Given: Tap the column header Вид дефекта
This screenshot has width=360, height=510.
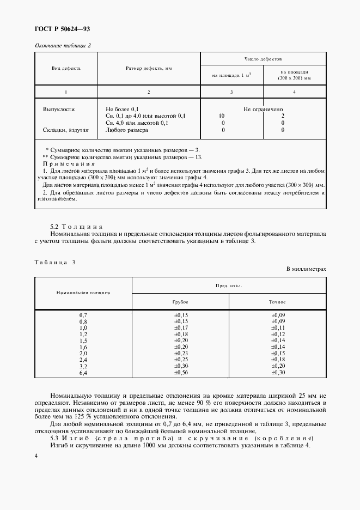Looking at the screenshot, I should tap(66, 69).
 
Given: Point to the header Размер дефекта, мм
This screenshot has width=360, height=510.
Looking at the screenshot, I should tap(149, 69).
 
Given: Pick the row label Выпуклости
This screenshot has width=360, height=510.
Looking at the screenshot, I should tap(59, 109).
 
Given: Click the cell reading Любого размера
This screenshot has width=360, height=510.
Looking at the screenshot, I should tap(127, 130).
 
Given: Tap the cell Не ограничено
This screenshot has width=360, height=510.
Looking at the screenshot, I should tap(263, 109).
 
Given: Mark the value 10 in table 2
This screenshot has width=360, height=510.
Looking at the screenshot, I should tap(222, 116).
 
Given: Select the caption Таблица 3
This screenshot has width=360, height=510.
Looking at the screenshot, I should tap(55, 262).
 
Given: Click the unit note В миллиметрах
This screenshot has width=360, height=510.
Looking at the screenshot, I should tap(306, 269).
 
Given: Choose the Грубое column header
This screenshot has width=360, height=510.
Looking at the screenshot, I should tap(180, 302).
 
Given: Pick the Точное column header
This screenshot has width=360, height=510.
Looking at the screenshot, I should tap(278, 302).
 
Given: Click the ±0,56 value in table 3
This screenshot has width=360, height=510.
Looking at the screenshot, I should tap(180, 372).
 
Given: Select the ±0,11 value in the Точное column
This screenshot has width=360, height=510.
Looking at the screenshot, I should tap(278, 328).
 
